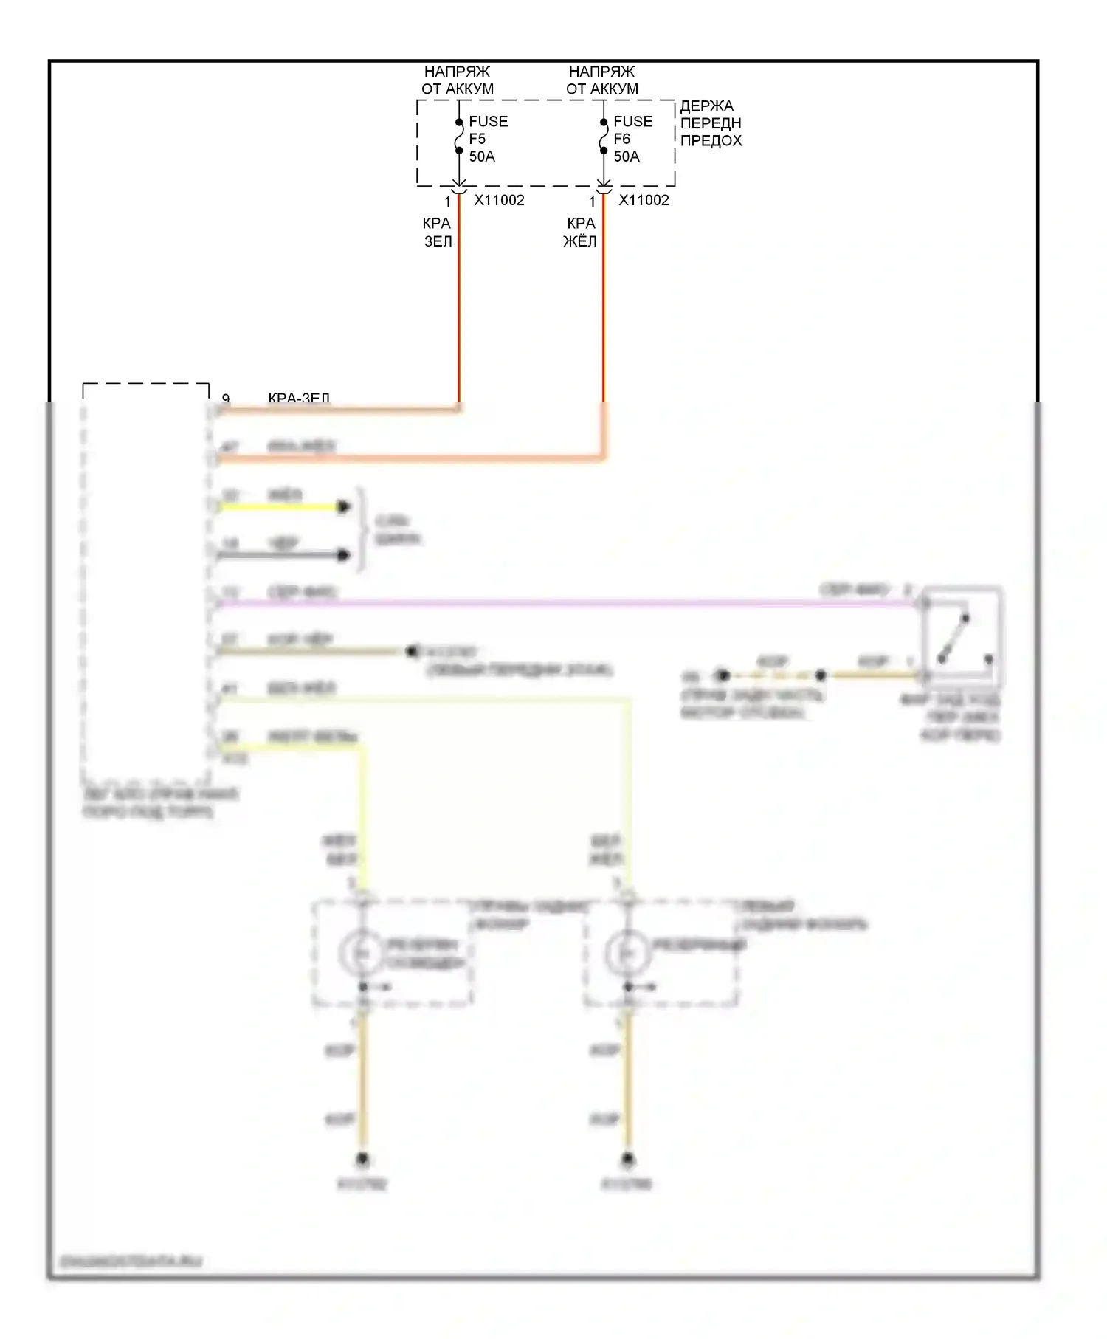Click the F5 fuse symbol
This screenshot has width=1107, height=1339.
pyautogui.click(x=458, y=137)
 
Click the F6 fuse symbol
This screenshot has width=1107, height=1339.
pyautogui.click(x=603, y=137)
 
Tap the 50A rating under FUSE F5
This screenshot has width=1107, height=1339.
pyautogui.click(x=482, y=156)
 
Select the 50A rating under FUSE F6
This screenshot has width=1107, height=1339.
pyautogui.click(x=627, y=156)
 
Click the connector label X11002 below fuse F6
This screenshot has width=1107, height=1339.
pyautogui.click(x=644, y=200)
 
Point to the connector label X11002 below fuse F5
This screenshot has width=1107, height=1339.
pyautogui.click(x=499, y=200)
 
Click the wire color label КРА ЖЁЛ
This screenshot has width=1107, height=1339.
pyautogui.click(x=580, y=232)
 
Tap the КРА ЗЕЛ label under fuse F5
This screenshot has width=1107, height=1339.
pyautogui.click(x=437, y=232)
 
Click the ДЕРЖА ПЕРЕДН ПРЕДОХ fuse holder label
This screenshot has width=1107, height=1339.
pyautogui.click(x=710, y=123)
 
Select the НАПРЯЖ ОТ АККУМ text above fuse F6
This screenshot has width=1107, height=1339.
pyautogui.click(x=601, y=80)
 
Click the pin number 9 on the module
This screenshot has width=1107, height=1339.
pyautogui.click(x=226, y=399)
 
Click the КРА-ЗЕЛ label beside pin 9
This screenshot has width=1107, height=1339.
pyautogui.click(x=298, y=399)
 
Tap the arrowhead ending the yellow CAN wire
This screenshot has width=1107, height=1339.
pyautogui.click(x=343, y=507)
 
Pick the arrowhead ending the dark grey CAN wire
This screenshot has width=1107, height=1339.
pyautogui.click(x=343, y=555)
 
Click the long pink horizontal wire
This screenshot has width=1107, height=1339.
pyautogui.click(x=561, y=604)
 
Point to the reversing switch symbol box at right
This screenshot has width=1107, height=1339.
pyautogui.click(x=962, y=636)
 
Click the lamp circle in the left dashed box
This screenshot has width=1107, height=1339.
pyautogui.click(x=362, y=953)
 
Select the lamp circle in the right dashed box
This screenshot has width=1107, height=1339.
pyautogui.click(x=627, y=953)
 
